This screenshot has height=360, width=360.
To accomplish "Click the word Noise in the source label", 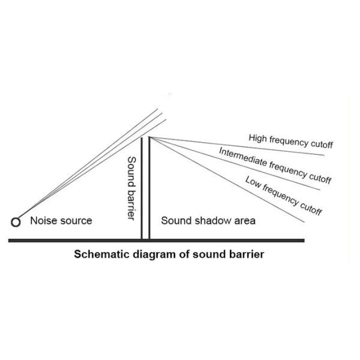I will (x=41, y=221).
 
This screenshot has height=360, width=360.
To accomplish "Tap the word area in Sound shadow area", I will (x=244, y=221).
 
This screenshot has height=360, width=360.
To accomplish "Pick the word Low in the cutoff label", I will (x=253, y=182).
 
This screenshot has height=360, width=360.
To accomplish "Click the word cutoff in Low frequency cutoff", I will (x=311, y=209).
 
